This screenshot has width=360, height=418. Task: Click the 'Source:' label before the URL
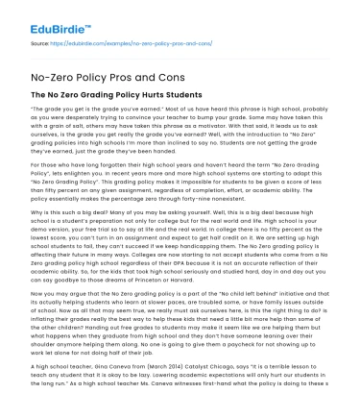tap(39, 44)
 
